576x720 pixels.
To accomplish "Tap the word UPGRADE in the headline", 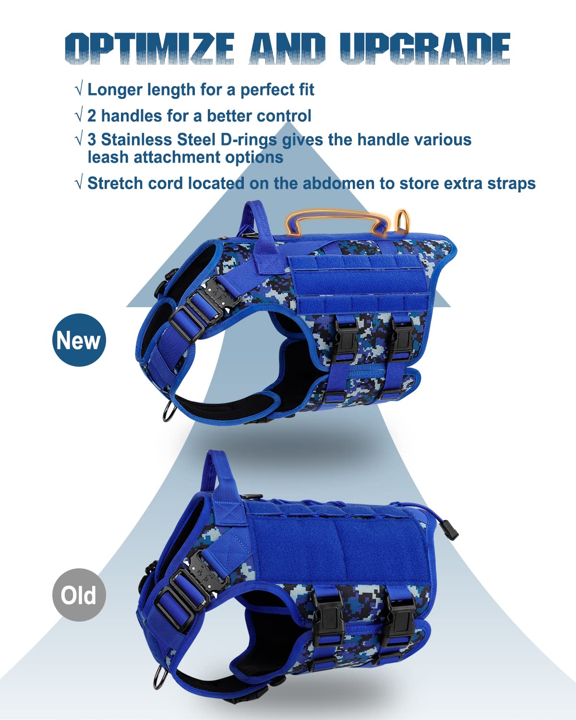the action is point(425,48).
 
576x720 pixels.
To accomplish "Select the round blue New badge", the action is point(79,340).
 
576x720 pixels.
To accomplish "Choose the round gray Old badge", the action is point(79,595).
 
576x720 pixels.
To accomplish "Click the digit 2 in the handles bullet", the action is point(92,116).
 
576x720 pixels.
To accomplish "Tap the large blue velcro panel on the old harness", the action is point(338,545).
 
